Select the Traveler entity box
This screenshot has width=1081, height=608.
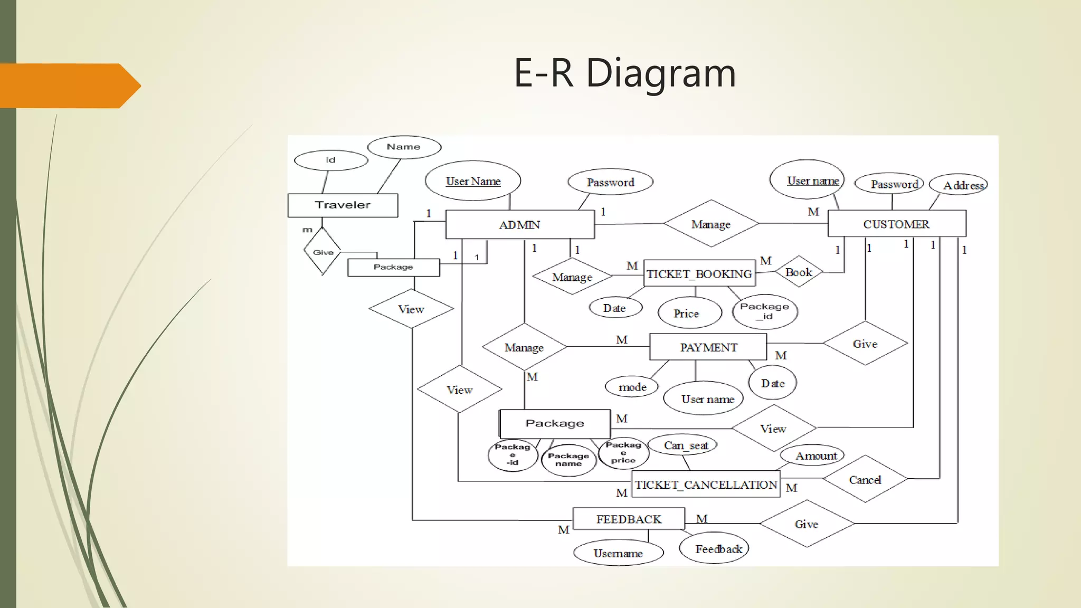point(343,205)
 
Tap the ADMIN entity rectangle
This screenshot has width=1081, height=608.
point(520,225)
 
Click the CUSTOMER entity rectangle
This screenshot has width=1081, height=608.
point(896,224)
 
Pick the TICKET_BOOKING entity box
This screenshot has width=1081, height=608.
point(699,273)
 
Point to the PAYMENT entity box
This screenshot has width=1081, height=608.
point(708,347)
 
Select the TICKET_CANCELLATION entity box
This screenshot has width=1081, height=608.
point(706,484)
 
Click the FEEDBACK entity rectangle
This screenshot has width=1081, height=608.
point(629,519)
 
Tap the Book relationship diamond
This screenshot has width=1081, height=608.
point(799,272)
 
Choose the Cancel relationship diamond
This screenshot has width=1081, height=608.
point(865,479)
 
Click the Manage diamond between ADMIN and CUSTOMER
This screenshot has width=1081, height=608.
point(710,224)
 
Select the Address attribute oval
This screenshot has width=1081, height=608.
point(958,185)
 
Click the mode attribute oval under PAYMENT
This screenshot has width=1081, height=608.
point(632,387)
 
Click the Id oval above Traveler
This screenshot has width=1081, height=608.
point(330,160)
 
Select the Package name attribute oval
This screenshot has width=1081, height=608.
point(568,460)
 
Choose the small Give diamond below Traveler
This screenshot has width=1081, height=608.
point(323,251)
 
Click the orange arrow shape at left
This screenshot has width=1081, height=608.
point(69,86)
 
